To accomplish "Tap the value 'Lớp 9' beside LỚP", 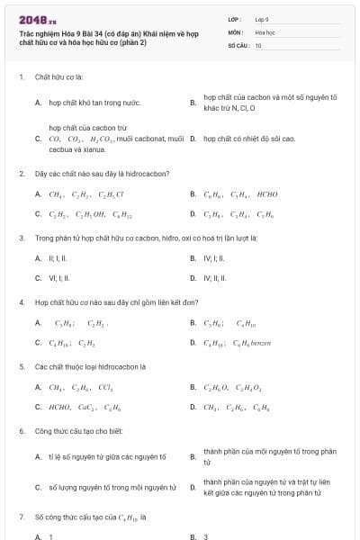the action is (x=262, y=19).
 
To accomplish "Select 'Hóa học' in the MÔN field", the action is (x=265, y=31).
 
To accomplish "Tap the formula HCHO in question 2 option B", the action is (x=267, y=194).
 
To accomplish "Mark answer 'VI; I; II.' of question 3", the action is (x=59, y=278).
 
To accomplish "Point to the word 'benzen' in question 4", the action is (x=262, y=343).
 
